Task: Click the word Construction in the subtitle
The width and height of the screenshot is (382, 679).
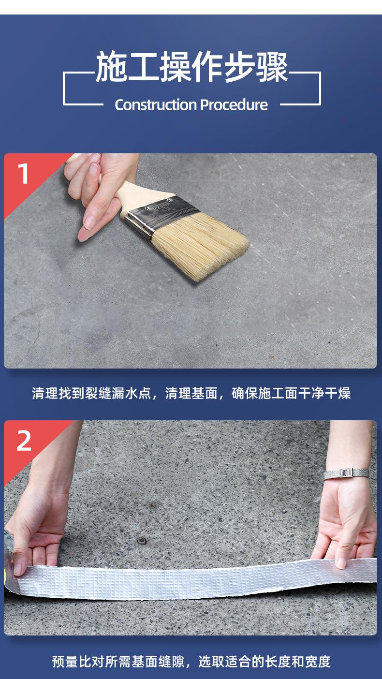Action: click(x=156, y=105)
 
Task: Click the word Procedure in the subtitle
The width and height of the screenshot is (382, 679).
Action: click(x=234, y=105)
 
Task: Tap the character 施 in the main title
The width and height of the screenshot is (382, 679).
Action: click(x=111, y=67)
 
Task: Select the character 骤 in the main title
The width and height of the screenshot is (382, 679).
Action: click(x=272, y=67)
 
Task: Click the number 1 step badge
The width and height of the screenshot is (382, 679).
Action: click(x=23, y=173)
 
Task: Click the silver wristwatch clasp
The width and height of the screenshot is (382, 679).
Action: click(x=346, y=473)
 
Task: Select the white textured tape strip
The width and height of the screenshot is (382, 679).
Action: click(x=194, y=578)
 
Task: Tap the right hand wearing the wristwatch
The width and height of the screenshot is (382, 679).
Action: click(x=346, y=512)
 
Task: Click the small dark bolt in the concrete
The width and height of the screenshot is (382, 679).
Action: click(x=141, y=540)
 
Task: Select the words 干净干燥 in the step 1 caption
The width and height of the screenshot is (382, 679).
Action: click(x=324, y=393)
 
